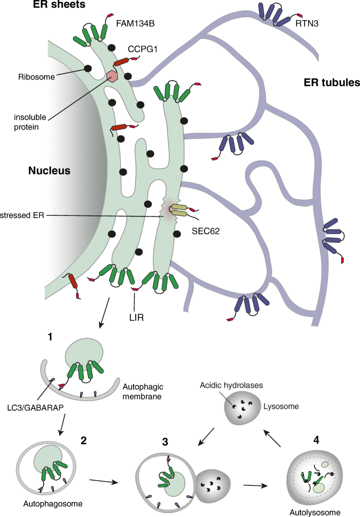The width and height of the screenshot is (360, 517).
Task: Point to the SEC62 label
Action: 206,231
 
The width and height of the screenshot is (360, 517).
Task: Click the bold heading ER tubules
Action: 332,82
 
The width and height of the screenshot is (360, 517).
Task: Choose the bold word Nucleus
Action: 49,171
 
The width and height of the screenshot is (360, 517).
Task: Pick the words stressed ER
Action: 22,215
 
